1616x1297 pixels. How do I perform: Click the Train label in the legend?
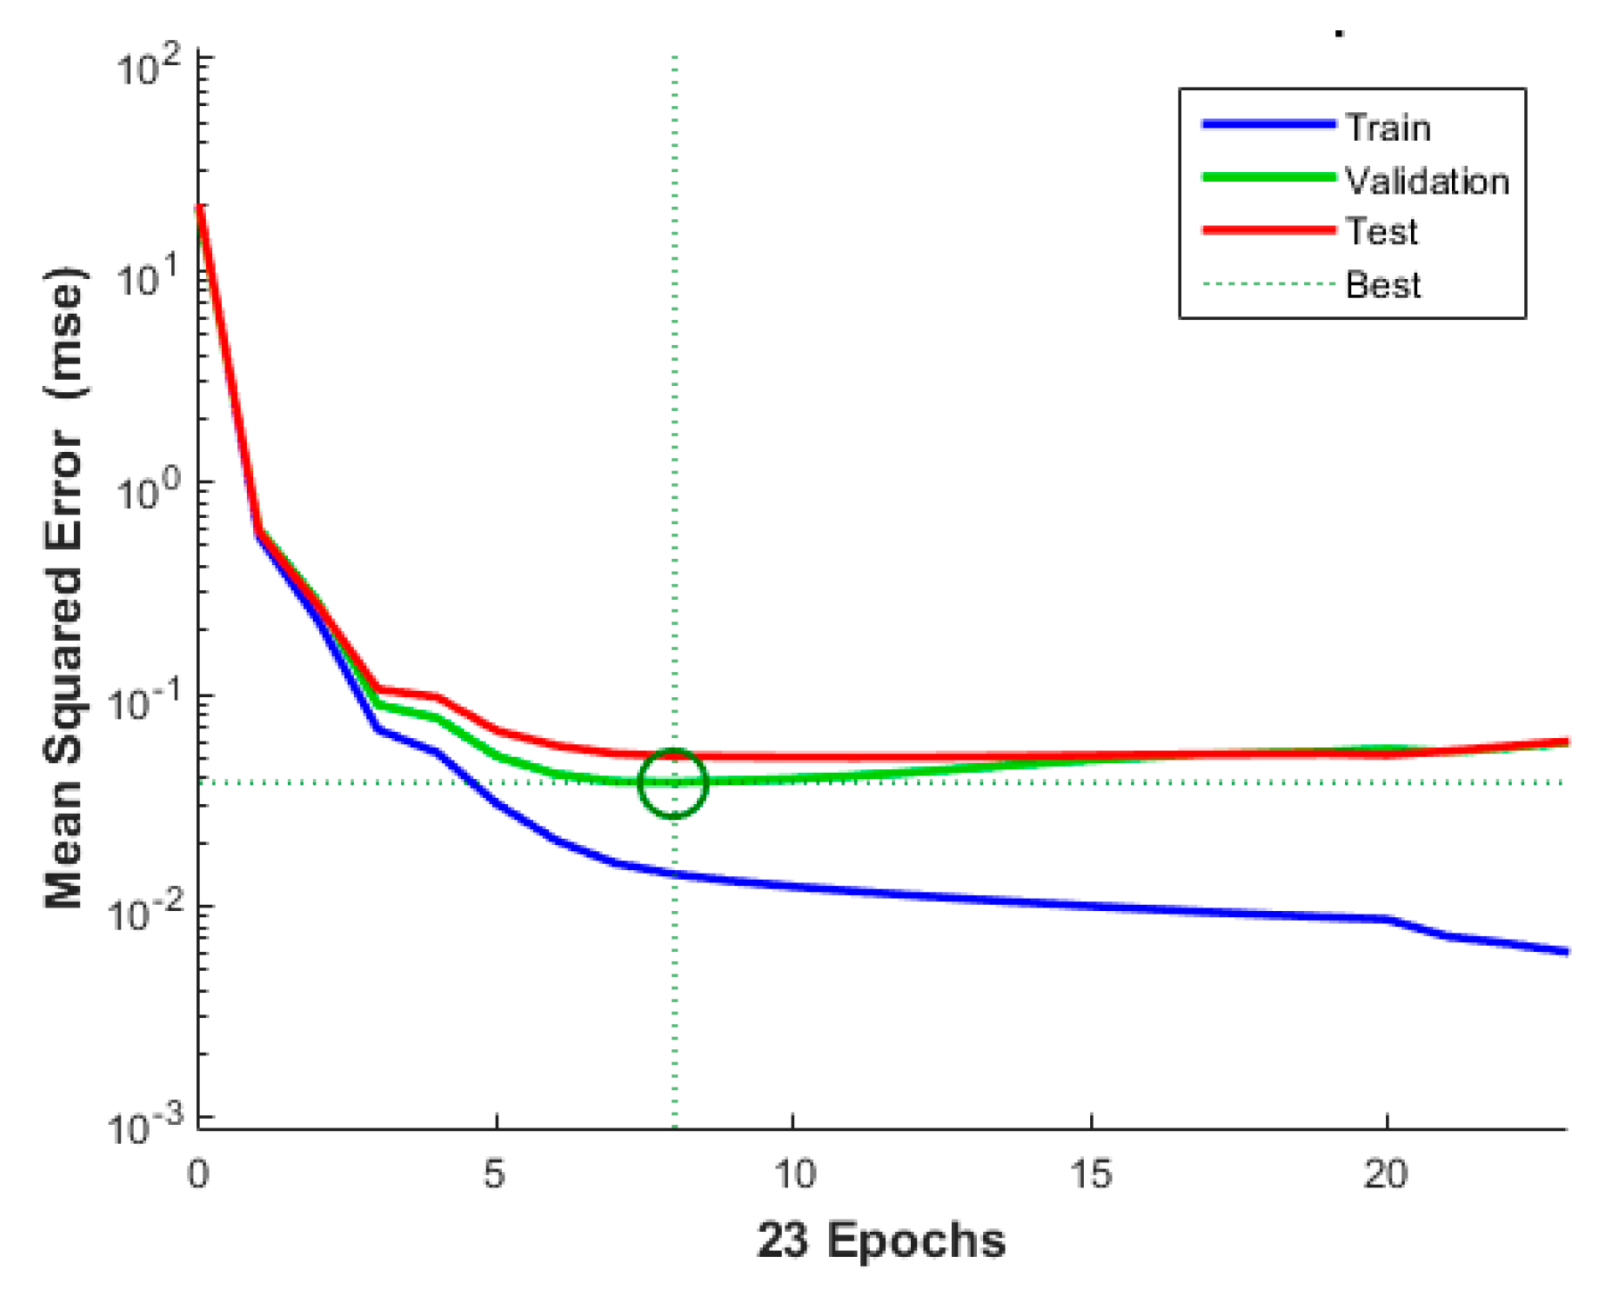click(x=1388, y=128)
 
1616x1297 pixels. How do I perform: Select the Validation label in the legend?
click(x=1427, y=182)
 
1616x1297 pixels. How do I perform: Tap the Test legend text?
click(x=1381, y=232)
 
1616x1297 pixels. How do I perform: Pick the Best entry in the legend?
click(x=1382, y=285)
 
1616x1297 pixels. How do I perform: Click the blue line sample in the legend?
click(x=1268, y=125)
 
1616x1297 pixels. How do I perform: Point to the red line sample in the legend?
click(x=1268, y=230)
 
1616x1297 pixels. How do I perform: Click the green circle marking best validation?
click(x=673, y=784)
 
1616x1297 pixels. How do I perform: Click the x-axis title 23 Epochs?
click(x=881, y=1240)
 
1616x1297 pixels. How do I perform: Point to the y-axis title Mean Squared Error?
click(x=64, y=588)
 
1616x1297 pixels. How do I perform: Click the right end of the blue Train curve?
click(x=1565, y=952)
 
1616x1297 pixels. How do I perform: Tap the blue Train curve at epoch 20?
click(x=1387, y=919)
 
